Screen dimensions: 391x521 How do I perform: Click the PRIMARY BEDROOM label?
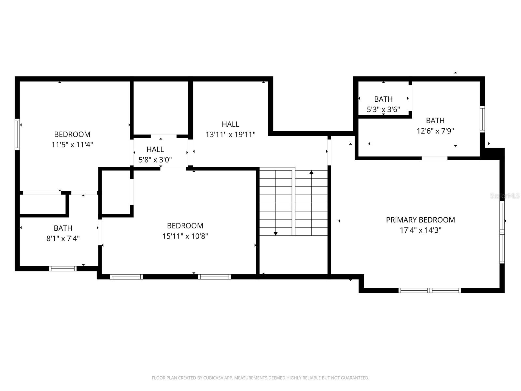[420, 220]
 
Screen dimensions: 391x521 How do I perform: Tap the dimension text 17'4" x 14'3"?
[420, 230]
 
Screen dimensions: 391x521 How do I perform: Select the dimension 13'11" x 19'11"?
[230, 135]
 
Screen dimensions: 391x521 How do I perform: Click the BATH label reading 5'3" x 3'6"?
[383, 99]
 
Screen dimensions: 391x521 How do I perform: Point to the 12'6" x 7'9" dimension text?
[435, 131]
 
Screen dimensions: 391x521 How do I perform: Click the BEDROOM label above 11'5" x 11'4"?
[72, 134]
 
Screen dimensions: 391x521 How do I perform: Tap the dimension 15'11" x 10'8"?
[185, 236]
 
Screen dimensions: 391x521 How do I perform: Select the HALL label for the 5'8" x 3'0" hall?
[155, 150]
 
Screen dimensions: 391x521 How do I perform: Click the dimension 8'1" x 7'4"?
[63, 239]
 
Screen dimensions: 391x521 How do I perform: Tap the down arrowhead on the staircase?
[275, 233]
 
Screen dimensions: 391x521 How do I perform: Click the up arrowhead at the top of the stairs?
[311, 172]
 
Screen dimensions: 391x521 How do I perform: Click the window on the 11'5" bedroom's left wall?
[17, 134]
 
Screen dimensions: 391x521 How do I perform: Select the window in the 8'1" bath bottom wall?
[63, 268]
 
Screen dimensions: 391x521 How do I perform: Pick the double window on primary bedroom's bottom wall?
[429, 290]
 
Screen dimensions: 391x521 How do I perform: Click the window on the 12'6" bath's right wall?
[482, 119]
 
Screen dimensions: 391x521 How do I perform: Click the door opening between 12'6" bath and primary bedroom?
[434, 158]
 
